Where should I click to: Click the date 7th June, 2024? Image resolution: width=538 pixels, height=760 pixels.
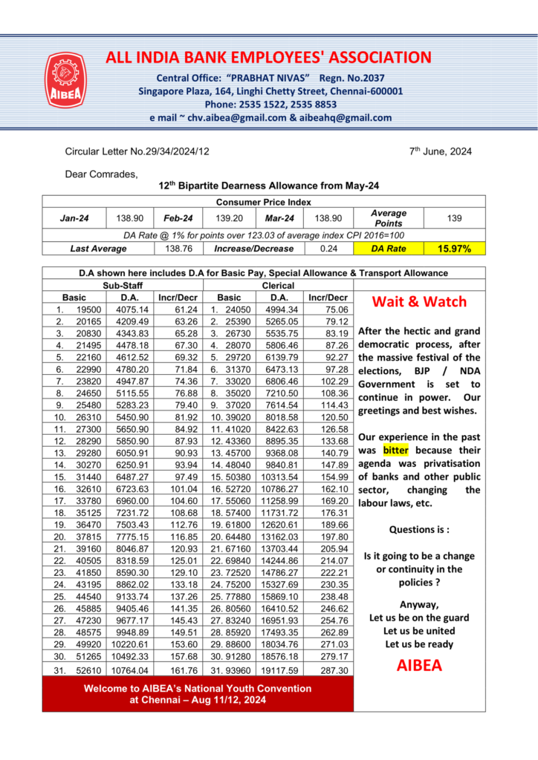tap(440, 151)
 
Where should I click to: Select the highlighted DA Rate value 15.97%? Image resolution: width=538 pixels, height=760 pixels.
tap(454, 249)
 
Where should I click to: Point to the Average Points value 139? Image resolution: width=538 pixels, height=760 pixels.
tap(454, 218)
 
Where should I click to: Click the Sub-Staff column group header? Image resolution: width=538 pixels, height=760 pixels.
tap(123, 285)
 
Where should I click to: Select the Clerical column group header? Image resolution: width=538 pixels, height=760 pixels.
tap(278, 285)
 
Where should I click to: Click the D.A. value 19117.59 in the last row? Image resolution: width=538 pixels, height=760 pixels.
tap(278, 670)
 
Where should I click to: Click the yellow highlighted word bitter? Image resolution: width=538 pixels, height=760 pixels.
tap(395, 450)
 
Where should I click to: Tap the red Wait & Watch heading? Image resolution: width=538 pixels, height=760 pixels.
tap(419, 301)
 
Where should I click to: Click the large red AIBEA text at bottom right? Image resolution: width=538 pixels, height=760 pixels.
tap(419, 665)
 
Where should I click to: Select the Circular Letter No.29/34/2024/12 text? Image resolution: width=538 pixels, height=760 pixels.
tap(137, 151)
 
